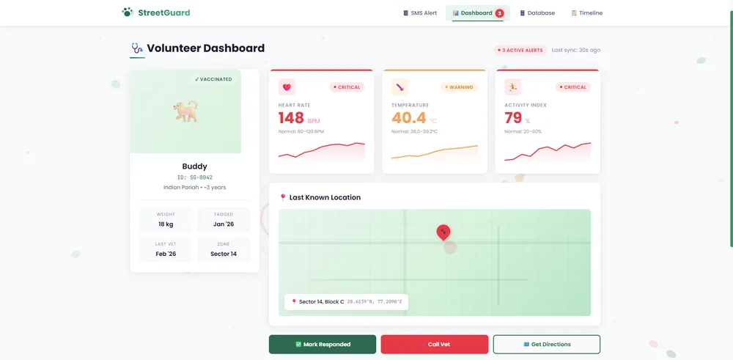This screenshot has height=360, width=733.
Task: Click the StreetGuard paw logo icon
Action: click(x=127, y=12)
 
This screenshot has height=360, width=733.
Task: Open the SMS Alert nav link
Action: click(x=420, y=13)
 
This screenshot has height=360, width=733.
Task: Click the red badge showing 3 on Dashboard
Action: click(x=500, y=13)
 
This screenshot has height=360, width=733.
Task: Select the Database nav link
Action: click(x=537, y=13)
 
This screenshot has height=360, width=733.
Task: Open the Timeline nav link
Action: click(x=586, y=13)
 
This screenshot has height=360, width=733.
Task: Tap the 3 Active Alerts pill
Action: click(x=520, y=50)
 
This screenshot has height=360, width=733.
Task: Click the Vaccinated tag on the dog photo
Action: click(x=213, y=79)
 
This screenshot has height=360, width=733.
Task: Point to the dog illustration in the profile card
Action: click(x=185, y=111)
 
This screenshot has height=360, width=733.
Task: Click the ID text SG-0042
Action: click(x=195, y=177)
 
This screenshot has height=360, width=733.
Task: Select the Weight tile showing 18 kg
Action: click(x=166, y=220)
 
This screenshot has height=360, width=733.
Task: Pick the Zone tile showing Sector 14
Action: click(x=224, y=250)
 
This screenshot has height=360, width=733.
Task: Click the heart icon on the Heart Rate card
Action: click(x=287, y=87)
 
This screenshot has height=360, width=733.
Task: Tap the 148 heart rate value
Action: click(x=291, y=118)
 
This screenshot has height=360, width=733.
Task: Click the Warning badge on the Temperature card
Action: click(x=459, y=87)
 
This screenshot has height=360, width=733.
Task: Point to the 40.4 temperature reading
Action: click(x=409, y=118)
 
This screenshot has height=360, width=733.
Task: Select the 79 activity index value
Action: click(x=513, y=118)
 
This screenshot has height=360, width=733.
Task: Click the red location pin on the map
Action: click(x=443, y=232)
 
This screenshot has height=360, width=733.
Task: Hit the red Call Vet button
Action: click(x=435, y=345)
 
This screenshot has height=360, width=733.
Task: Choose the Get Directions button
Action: click(x=547, y=345)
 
